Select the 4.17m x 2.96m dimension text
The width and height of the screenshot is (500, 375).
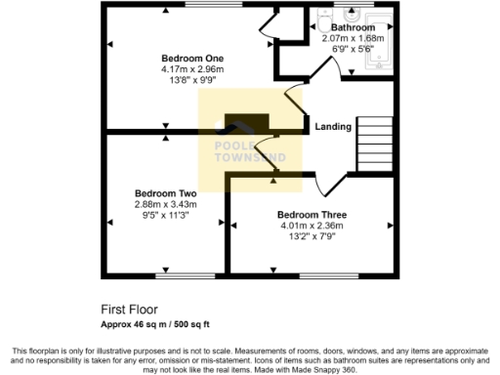click(192, 69)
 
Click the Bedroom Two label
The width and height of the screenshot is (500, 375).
click(165, 193)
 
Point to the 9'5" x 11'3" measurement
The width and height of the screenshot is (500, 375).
click(165, 216)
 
